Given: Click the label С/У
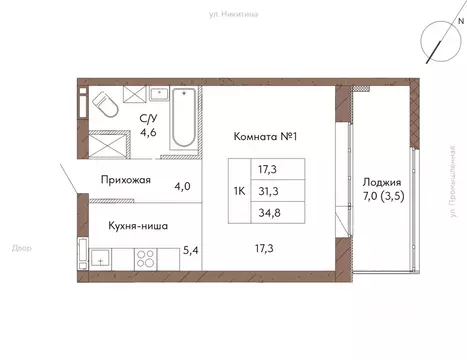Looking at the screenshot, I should [x=147, y=117].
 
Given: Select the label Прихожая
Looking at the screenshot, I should [x=125, y=181].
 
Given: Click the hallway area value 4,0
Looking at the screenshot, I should [x=183, y=184].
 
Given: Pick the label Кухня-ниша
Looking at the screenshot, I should [x=138, y=225].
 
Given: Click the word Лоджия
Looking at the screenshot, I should [x=384, y=183].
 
